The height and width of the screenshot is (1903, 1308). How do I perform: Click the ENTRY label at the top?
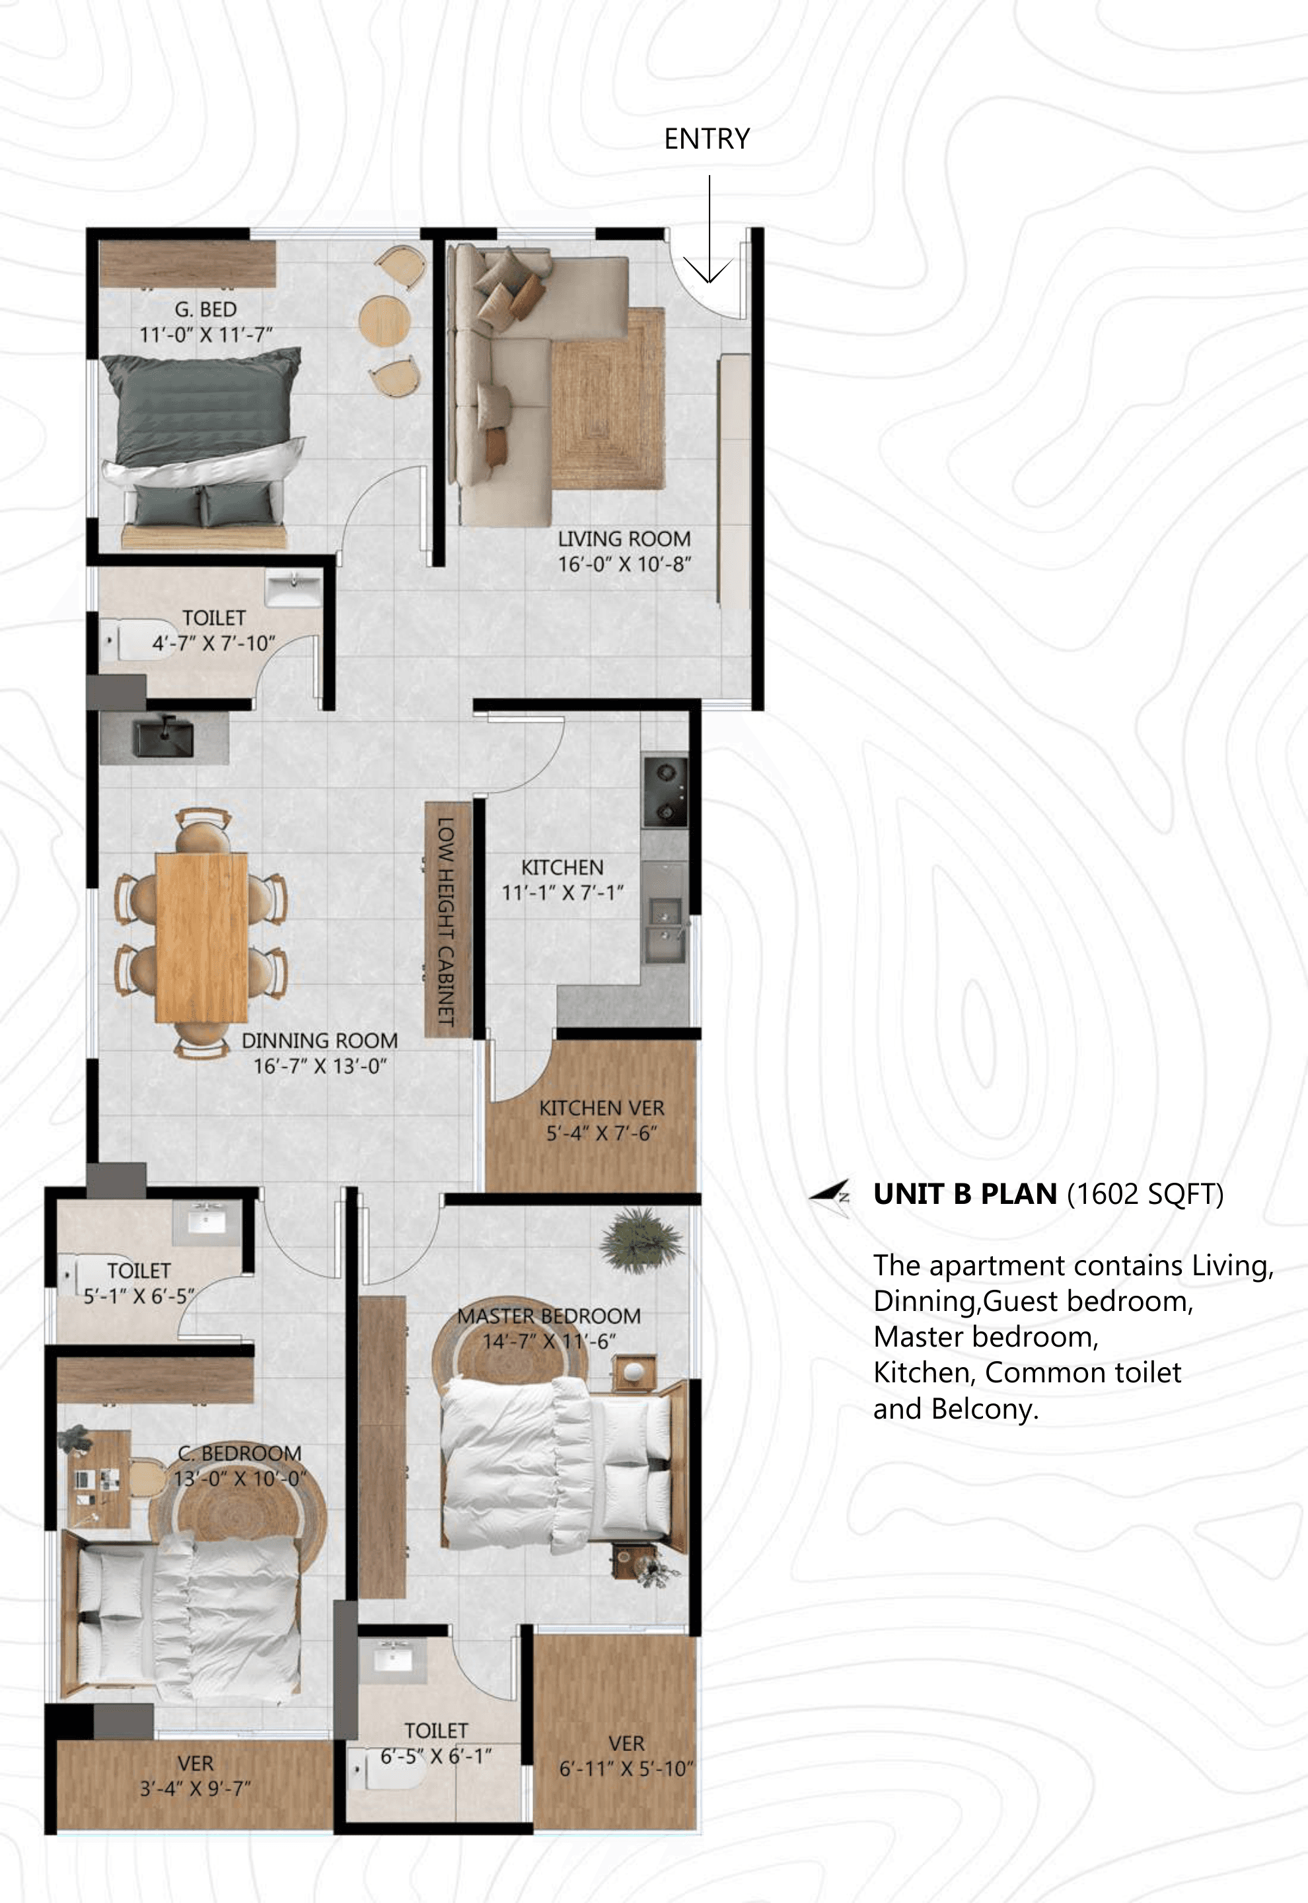click(x=706, y=139)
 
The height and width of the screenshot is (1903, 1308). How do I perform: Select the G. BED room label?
click(x=205, y=310)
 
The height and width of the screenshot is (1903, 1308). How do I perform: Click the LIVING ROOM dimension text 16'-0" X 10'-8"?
click(x=624, y=565)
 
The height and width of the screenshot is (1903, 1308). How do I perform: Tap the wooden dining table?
click(x=201, y=938)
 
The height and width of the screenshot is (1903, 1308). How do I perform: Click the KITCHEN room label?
click(x=562, y=867)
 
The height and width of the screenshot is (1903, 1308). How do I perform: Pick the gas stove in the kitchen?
click(x=665, y=791)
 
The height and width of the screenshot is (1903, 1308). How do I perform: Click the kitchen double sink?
click(x=665, y=930)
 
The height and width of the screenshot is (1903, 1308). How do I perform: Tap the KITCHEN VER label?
click(x=602, y=1108)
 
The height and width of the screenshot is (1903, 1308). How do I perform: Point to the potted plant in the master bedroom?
click(x=640, y=1242)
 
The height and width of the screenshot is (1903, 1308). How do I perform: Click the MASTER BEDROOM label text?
click(x=549, y=1316)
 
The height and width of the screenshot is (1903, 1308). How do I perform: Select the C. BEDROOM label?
click(x=239, y=1453)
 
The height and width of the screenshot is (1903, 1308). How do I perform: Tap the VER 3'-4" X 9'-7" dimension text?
click(x=195, y=1788)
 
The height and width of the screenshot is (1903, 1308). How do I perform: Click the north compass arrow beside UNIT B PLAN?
click(x=829, y=1195)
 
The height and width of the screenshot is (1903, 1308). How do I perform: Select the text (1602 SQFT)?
click(x=1145, y=1194)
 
